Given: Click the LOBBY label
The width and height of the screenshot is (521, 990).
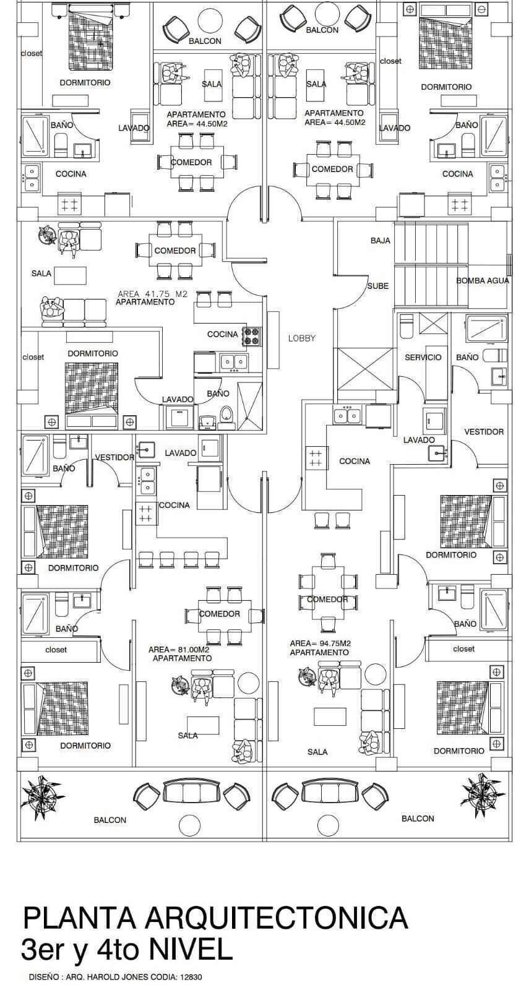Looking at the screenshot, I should [301, 338].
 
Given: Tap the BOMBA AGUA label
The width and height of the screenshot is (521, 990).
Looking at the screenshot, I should [483, 280].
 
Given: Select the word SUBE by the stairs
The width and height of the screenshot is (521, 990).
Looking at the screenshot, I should [377, 286].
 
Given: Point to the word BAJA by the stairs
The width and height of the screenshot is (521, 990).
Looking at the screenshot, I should [380, 240].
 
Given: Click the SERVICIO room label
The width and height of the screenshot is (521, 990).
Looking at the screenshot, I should [423, 357].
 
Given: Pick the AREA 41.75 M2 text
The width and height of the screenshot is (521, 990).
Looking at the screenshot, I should [152, 294].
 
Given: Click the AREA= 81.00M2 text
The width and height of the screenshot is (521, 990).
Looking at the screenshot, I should [179, 650].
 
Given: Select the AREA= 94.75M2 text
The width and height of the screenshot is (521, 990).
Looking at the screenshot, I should [320, 643].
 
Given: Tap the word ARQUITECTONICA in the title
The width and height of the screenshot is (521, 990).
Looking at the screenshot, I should [276, 918].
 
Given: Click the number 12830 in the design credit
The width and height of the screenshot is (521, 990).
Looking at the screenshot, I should [191, 978].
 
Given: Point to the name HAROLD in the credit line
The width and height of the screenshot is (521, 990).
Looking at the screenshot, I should [101, 978].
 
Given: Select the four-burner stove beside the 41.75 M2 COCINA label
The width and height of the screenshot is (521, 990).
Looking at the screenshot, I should [252, 336].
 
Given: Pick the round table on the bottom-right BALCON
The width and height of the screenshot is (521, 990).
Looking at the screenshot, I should [328, 824].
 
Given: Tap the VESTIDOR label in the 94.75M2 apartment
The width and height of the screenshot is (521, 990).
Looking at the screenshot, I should [484, 431].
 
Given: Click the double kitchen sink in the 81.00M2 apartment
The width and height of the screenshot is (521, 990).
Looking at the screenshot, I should [147, 480].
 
